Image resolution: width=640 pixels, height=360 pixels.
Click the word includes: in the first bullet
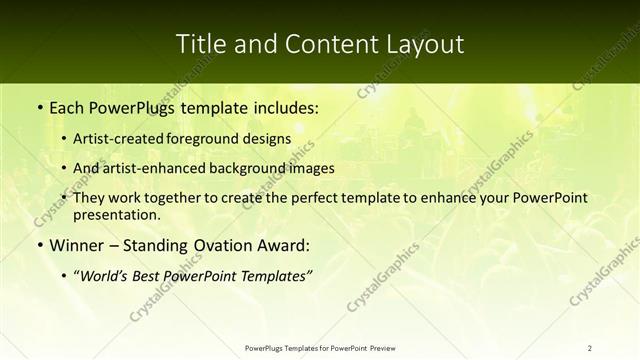point(282,105)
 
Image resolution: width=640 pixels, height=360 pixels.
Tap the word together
point(180,199)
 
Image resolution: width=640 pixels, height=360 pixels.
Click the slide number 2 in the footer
point(590,347)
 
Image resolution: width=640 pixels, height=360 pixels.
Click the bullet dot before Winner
point(39,246)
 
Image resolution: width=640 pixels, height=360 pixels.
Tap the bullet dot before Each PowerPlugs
point(39,105)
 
